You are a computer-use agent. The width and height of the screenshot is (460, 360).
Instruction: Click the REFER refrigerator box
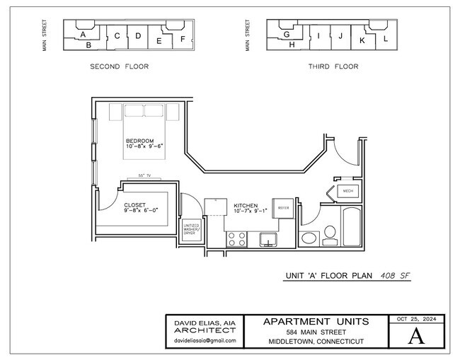pos(283,209)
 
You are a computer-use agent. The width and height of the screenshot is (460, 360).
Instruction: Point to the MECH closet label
pos(347,192)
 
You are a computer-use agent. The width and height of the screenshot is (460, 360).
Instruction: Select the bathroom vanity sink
pos(310,238)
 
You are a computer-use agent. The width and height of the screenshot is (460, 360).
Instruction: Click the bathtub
pos(352,226)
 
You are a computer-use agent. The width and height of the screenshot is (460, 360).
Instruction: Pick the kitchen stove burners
pos(237,240)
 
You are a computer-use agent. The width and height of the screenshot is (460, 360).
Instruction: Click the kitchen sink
pos(268,238)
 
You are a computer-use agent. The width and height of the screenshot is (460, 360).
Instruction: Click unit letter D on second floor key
pos(137,35)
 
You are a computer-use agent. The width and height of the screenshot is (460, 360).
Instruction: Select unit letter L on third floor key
pos(386,39)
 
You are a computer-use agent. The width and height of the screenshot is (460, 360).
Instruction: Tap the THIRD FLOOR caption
pos(333,66)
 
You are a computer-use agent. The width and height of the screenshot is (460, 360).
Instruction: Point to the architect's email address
pos(205,340)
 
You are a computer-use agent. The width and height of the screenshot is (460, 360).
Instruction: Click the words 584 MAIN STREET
pos(316,332)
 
